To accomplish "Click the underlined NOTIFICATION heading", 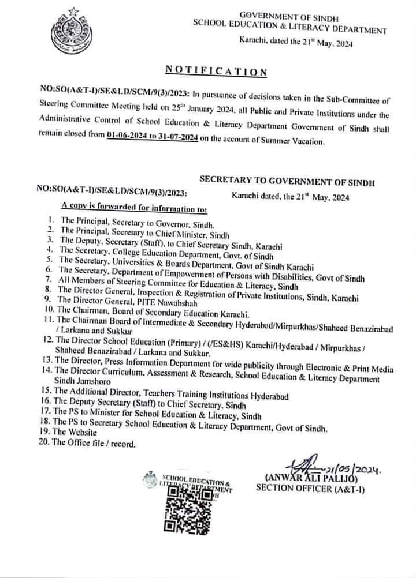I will pos(216,72).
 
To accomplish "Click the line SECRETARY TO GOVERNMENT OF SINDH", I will pos(287,182).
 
